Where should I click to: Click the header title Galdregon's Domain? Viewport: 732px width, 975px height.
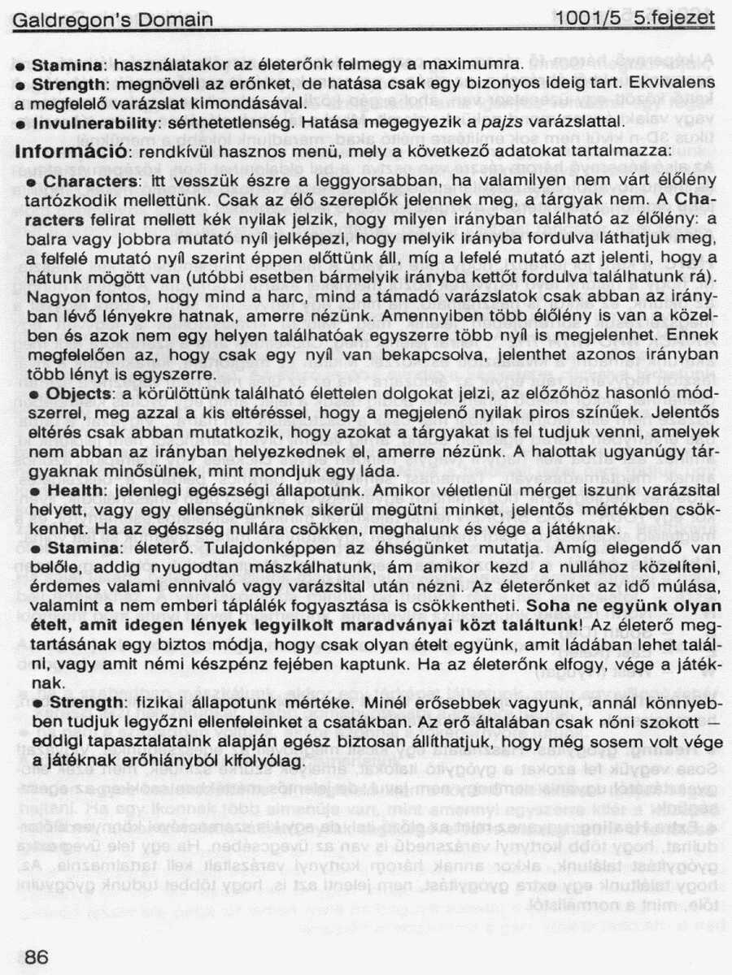[x=113, y=19]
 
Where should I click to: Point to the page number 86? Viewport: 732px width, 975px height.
[x=37, y=957]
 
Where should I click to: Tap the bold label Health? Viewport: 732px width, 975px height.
[x=74, y=492]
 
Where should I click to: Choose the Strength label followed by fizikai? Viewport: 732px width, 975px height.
[x=78, y=700]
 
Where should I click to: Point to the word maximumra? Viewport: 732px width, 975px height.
[x=479, y=63]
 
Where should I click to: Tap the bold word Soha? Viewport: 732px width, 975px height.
[x=543, y=606]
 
